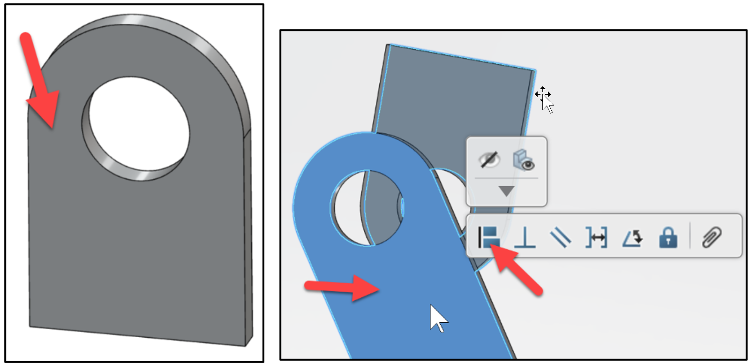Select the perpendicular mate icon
(x=525, y=237)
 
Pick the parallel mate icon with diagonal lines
(x=560, y=237)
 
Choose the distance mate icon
(x=596, y=237)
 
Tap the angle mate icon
(x=632, y=237)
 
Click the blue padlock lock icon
(x=668, y=237)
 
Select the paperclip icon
(x=712, y=237)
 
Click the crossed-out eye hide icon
(x=489, y=160)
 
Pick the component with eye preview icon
(x=524, y=160)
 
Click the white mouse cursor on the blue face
(x=438, y=318)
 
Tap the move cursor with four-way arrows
(x=543, y=95)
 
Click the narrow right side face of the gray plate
(x=248, y=235)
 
